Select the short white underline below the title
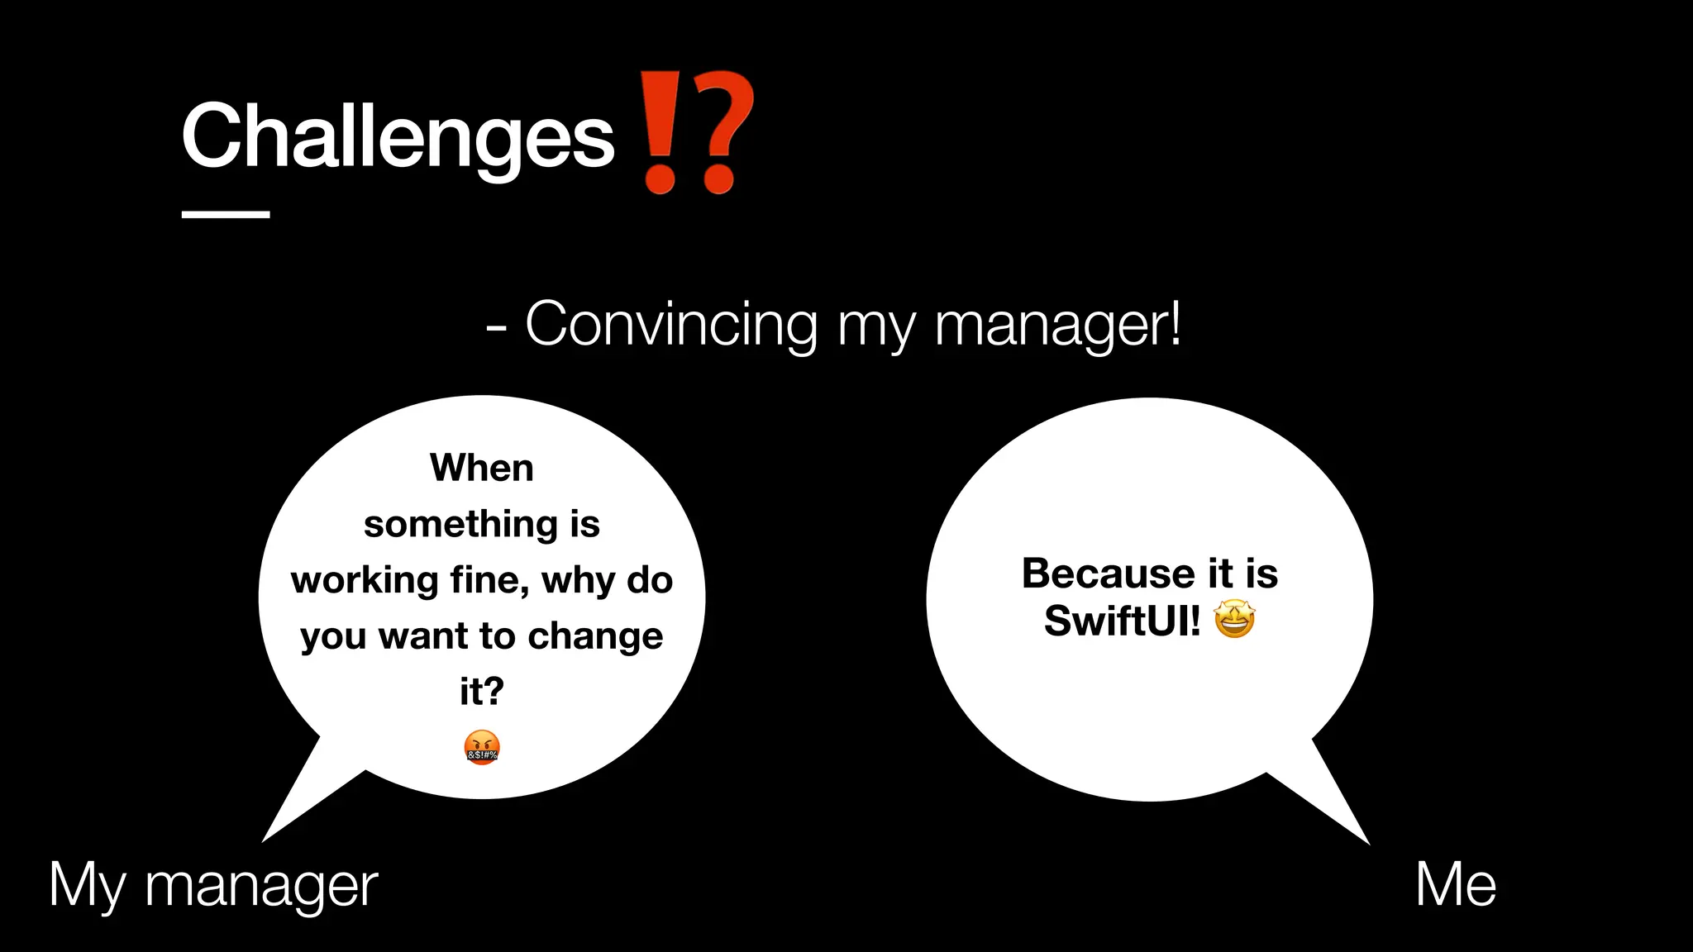click(226, 215)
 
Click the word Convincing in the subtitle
click(671, 324)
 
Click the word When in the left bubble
click(482, 468)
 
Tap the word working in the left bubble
click(365, 580)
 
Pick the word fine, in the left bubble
click(490, 580)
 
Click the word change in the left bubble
click(595, 636)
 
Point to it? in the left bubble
click(482, 691)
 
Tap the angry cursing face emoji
click(482, 748)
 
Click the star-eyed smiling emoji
click(1234, 620)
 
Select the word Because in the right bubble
click(1108, 574)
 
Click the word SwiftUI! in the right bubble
click(1122, 621)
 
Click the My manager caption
click(213, 886)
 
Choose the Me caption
click(1456, 884)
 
